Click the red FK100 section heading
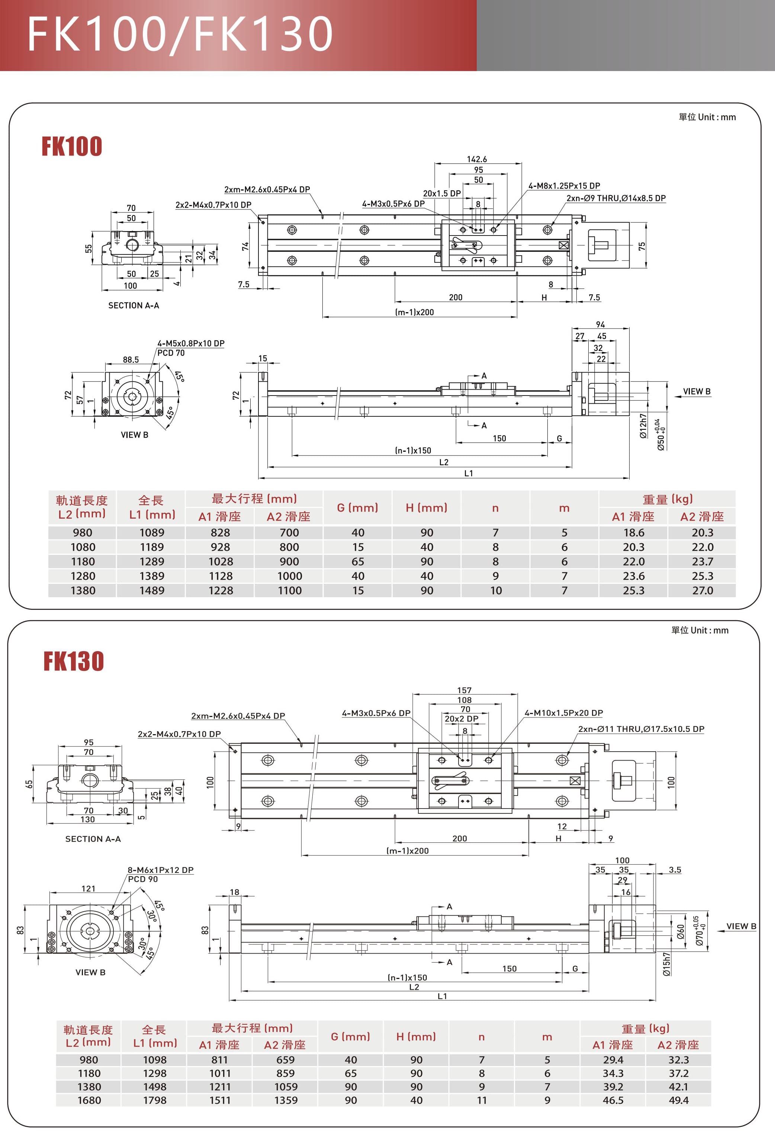pos(72,146)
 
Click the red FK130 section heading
pos(73,661)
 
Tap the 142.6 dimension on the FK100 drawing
pos(476,159)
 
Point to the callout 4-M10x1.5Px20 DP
pos(563,713)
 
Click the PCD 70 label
pos(171,353)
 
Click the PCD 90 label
pos(143,879)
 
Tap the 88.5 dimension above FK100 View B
pos(131,360)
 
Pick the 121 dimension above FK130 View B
pos(89,889)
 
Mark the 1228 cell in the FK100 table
pos(221,591)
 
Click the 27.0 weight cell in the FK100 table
pos(702,591)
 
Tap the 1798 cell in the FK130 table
pos(154,1100)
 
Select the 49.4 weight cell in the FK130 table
pos(678,1100)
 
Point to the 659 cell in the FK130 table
pos(285,1060)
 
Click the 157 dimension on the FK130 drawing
pos(464,690)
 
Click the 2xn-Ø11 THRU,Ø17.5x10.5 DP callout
pos(641,729)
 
